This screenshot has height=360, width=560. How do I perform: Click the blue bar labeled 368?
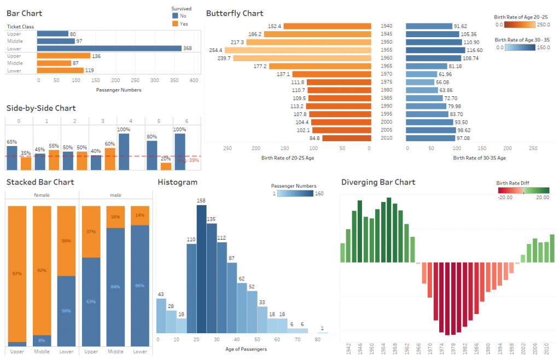(109, 48)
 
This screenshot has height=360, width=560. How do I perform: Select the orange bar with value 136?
(63, 56)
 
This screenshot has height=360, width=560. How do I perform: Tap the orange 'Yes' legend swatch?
(175, 24)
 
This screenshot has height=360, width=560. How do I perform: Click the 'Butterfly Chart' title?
(235, 13)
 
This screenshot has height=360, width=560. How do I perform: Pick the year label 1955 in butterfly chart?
(387, 50)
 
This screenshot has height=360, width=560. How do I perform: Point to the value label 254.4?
(215, 50)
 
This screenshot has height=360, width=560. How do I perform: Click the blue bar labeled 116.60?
(435, 50)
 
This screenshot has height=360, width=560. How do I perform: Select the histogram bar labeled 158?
(201, 269)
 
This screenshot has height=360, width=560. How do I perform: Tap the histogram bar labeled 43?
(161, 316)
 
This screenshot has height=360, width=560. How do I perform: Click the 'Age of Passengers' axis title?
(246, 349)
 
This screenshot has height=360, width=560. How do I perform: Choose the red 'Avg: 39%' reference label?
(189, 160)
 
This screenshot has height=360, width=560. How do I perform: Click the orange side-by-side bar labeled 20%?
(166, 166)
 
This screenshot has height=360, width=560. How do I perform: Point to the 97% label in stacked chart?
(17, 274)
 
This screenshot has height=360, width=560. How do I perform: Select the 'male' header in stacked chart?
(115, 195)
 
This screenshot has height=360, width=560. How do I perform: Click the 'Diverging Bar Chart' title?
(378, 182)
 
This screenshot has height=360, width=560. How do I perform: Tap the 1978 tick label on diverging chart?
(453, 349)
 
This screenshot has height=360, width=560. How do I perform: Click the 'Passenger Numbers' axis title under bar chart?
(119, 90)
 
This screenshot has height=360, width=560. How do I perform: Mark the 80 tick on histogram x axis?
(318, 340)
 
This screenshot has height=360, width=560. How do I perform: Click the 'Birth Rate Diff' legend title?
(512, 183)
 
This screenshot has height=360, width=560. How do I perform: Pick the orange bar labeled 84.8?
(347, 138)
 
